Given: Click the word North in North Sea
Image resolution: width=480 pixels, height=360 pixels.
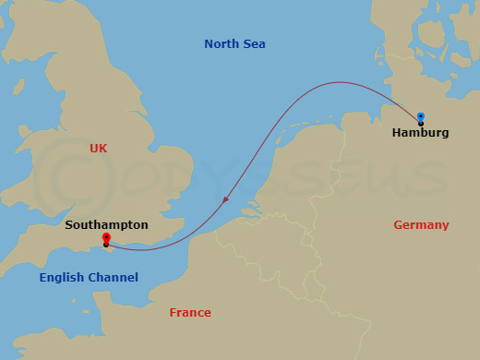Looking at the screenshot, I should click(x=222, y=43).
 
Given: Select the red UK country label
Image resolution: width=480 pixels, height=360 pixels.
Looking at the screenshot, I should click(x=99, y=148).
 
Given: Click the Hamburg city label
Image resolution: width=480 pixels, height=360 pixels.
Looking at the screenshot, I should click(x=420, y=133).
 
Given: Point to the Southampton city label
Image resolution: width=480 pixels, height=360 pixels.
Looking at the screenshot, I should click(x=106, y=224).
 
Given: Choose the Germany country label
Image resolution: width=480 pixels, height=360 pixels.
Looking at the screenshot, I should click(x=421, y=224).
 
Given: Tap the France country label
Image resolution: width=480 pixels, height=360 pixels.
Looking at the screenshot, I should click(x=190, y=313).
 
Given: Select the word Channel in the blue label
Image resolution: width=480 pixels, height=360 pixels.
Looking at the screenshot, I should click(x=114, y=277).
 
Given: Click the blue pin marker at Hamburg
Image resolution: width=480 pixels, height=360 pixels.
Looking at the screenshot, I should click(x=421, y=117).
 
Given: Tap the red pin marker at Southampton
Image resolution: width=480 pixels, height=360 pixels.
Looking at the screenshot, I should click(x=106, y=240).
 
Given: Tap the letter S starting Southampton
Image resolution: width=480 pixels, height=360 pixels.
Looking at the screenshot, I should click(x=69, y=224).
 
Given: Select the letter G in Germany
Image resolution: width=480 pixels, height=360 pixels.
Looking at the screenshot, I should click(x=398, y=224).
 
